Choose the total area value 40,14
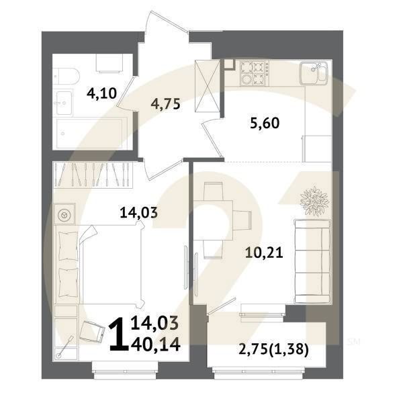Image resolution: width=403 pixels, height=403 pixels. click(x=156, y=344)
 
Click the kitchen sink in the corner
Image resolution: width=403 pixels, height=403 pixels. click(x=314, y=71)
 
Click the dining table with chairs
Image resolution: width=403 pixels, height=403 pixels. click(x=219, y=216)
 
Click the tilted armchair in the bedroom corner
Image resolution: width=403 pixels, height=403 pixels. click(x=89, y=330)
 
